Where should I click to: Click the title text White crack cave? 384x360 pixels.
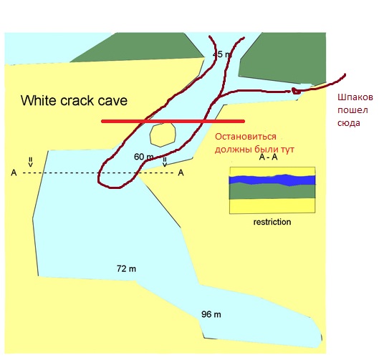click(x=74, y=101)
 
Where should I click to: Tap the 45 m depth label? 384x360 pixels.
click(x=222, y=54)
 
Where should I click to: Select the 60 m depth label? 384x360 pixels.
click(x=144, y=157)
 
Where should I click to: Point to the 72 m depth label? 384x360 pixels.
click(x=126, y=268)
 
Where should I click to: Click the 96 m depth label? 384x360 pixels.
click(x=211, y=314)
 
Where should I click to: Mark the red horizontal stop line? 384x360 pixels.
click(x=173, y=121)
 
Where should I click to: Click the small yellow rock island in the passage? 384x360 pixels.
click(x=163, y=135)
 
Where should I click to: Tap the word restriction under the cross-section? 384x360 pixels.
click(x=272, y=222)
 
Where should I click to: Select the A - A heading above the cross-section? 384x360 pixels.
click(x=268, y=157)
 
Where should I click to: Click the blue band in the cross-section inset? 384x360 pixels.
click(x=272, y=180)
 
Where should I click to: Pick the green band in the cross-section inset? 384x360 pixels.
click(x=272, y=191)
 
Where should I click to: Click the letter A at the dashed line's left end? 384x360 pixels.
click(x=14, y=173)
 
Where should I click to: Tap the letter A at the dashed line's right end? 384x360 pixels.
click(x=181, y=172)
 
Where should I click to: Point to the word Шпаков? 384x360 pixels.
click(x=355, y=97)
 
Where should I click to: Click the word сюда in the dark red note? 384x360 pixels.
click(x=349, y=123)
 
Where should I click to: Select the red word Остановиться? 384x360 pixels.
click(x=246, y=136)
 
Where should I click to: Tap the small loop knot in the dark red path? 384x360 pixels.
click(x=296, y=91)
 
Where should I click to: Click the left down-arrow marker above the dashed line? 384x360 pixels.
click(x=30, y=162)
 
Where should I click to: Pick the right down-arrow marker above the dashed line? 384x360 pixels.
click(x=165, y=162)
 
